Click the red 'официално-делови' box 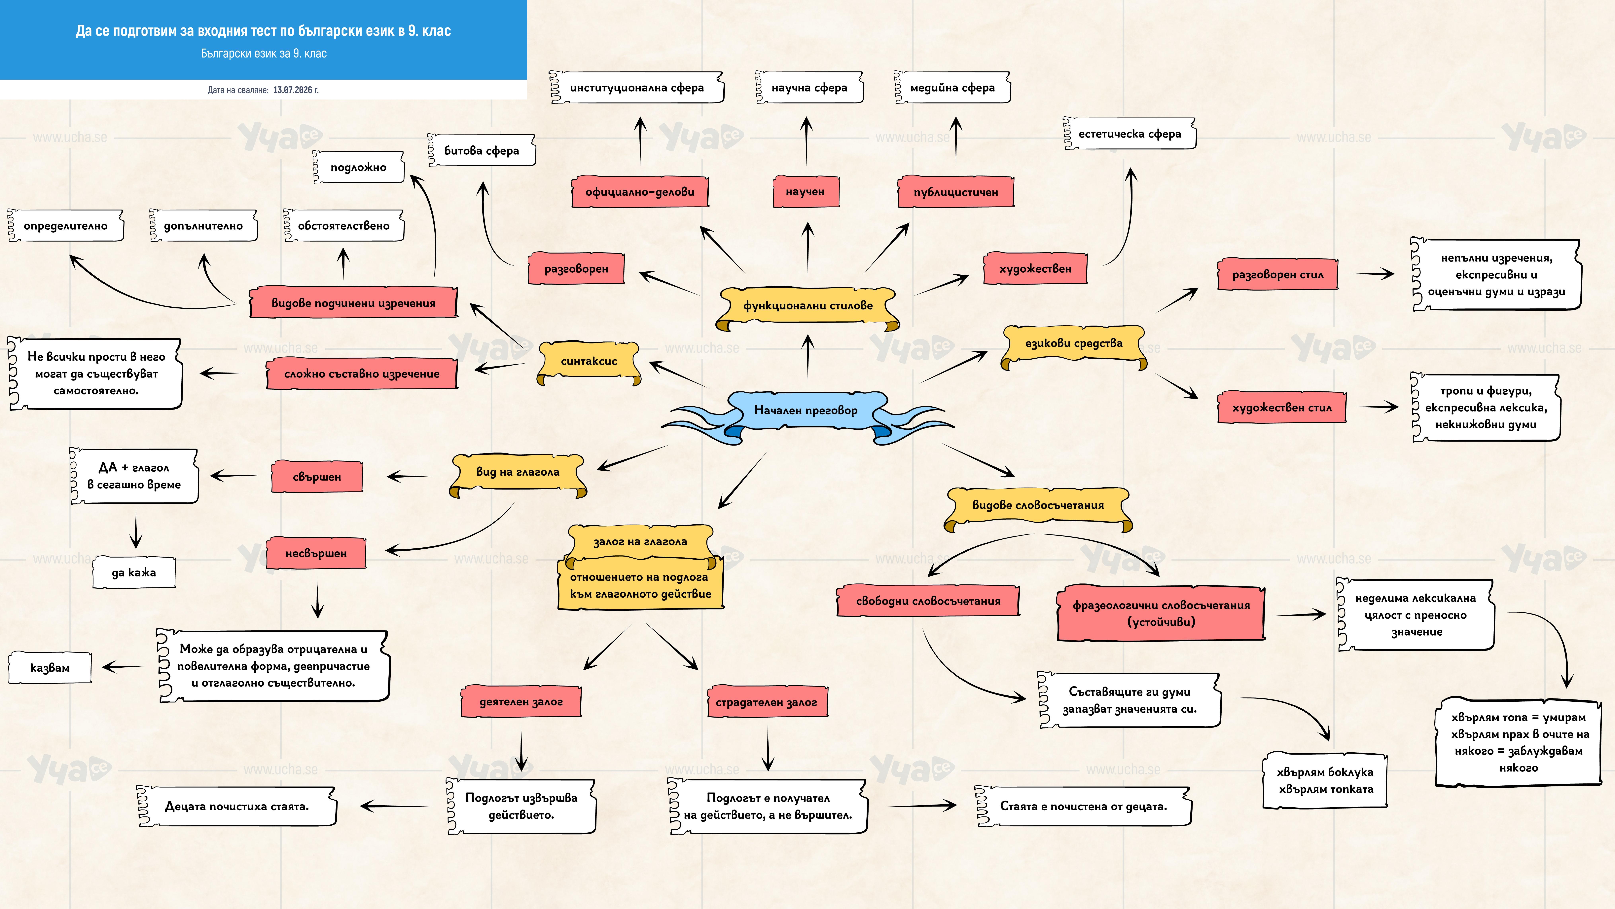click(x=640, y=192)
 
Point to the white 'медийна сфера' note click(x=952, y=88)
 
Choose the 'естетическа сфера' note click(x=1130, y=134)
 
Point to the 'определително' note click(x=66, y=226)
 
